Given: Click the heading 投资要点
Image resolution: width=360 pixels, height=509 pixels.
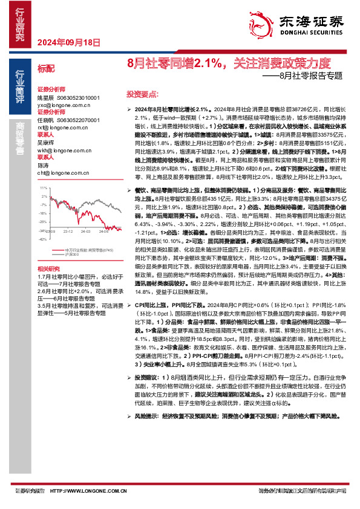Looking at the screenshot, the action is pos(142,95).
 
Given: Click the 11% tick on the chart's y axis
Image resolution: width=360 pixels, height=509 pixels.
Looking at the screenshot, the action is pos(43,188).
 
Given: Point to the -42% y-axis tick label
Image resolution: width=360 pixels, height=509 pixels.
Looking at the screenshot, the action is pos(42,239).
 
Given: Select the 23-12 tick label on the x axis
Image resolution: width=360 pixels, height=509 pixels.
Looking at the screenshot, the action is pos(68,230).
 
